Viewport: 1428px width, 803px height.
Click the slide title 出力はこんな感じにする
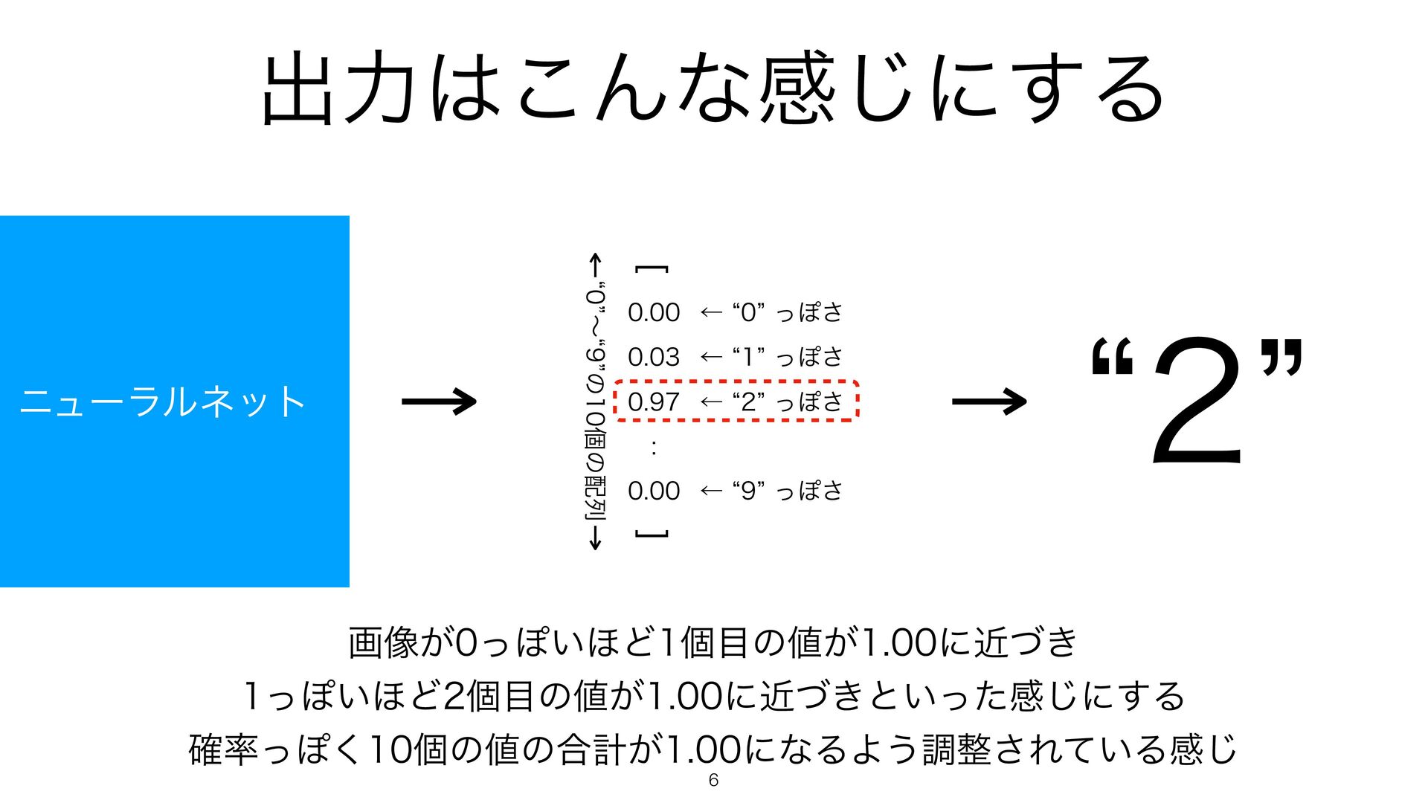tap(713, 88)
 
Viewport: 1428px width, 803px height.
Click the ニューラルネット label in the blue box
tap(163, 402)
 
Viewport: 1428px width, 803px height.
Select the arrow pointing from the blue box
tap(439, 402)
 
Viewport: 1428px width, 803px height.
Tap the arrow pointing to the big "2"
tap(989, 402)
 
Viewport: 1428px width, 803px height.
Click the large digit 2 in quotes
tap(1197, 401)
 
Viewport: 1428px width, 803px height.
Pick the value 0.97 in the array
tap(654, 402)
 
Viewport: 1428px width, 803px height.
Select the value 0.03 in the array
tap(654, 358)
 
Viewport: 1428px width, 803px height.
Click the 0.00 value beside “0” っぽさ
tap(654, 313)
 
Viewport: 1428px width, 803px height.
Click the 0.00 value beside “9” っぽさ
tap(654, 491)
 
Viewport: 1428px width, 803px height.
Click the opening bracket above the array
tap(652, 269)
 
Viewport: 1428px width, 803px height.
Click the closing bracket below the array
tap(652, 534)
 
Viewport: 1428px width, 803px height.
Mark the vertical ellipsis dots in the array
tap(653, 447)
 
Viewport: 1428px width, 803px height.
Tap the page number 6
tap(713, 780)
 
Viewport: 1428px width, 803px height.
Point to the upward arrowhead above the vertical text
tap(595, 262)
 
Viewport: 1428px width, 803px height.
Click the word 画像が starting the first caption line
tap(401, 643)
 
